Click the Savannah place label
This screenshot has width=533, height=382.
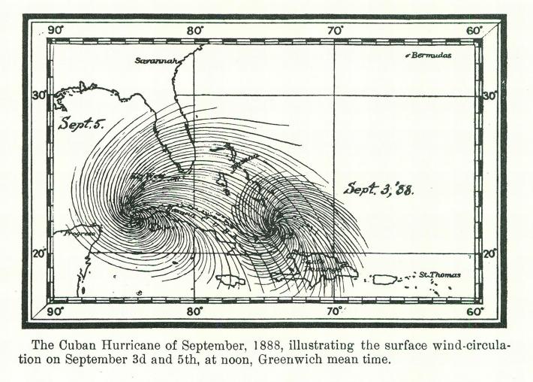[155, 60]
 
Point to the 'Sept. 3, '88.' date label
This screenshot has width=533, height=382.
[378, 188]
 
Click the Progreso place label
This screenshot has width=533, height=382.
[80, 234]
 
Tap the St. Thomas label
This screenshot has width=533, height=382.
[440, 275]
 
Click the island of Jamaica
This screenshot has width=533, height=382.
[230, 280]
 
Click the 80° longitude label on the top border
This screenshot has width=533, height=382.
[194, 31]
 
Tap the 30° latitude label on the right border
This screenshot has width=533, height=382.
[489, 96]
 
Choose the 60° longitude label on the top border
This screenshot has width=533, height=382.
[474, 31]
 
